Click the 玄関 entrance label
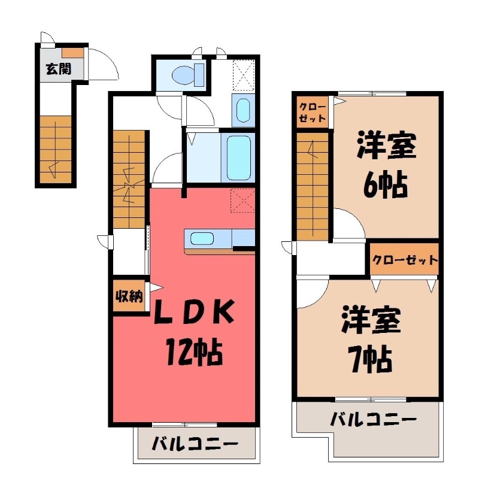tap(57, 68)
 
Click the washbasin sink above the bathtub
tap(242, 110)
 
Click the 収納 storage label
tap(129, 296)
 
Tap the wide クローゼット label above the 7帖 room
tap(405, 260)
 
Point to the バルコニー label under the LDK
tap(195, 444)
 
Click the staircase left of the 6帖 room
tap(313, 186)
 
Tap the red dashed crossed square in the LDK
tap(242, 200)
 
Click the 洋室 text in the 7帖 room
tap(371, 321)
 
